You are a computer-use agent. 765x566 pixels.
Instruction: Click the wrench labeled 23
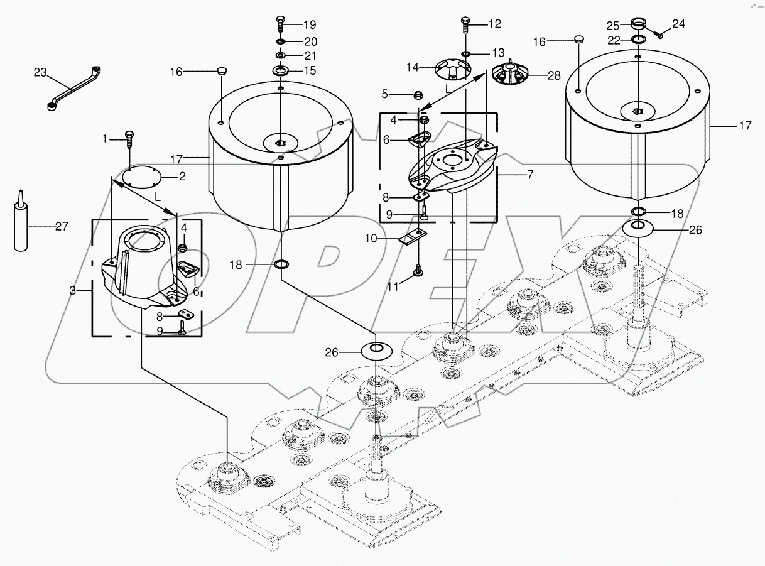74,87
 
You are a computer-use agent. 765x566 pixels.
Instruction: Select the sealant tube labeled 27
21,226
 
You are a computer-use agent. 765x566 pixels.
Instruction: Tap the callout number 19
310,25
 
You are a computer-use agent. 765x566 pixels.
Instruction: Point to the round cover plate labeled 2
141,177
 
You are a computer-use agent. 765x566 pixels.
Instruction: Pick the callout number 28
554,76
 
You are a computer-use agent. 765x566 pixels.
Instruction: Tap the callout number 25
613,26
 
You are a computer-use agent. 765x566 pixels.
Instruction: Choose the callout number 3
72,291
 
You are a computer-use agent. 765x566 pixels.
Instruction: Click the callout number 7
529,175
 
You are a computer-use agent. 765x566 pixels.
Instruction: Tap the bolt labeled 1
130,137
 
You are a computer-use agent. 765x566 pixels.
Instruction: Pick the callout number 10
371,239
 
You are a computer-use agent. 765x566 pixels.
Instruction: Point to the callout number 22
613,40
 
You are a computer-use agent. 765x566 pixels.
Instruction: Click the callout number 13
498,52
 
